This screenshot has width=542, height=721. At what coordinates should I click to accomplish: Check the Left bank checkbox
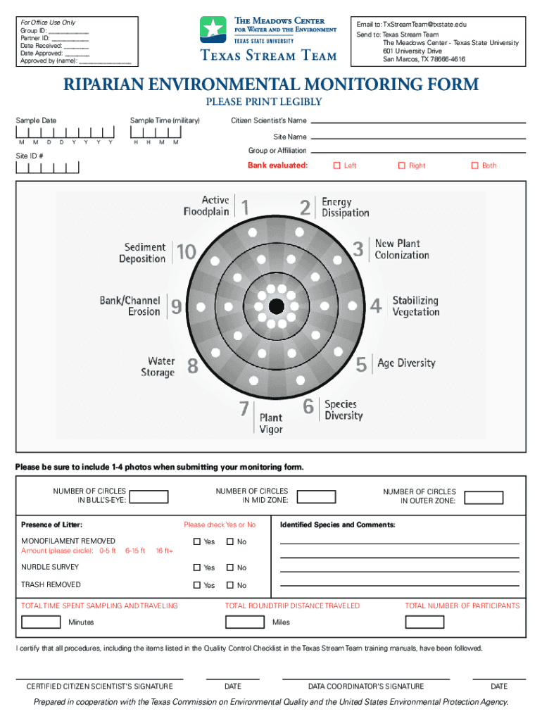[336, 166]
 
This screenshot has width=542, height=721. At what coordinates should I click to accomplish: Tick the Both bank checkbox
[474, 166]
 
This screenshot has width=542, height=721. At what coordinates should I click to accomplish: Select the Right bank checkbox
[402, 166]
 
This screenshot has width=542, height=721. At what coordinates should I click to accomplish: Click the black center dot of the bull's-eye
[276, 306]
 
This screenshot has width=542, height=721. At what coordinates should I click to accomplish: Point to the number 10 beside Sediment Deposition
[186, 252]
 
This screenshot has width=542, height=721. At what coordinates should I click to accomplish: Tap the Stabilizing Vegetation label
[415, 306]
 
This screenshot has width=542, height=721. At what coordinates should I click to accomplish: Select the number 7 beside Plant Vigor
[244, 408]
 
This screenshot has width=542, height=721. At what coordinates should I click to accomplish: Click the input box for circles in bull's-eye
[149, 496]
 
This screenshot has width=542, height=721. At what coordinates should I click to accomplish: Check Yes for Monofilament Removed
[197, 541]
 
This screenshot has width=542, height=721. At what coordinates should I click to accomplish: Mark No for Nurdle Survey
[229, 568]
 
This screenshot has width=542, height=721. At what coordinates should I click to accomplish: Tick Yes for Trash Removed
[197, 585]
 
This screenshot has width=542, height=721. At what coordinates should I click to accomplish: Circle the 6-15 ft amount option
[135, 551]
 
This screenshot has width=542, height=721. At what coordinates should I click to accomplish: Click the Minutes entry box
[41, 622]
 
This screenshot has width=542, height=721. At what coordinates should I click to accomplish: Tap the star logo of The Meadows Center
[213, 30]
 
